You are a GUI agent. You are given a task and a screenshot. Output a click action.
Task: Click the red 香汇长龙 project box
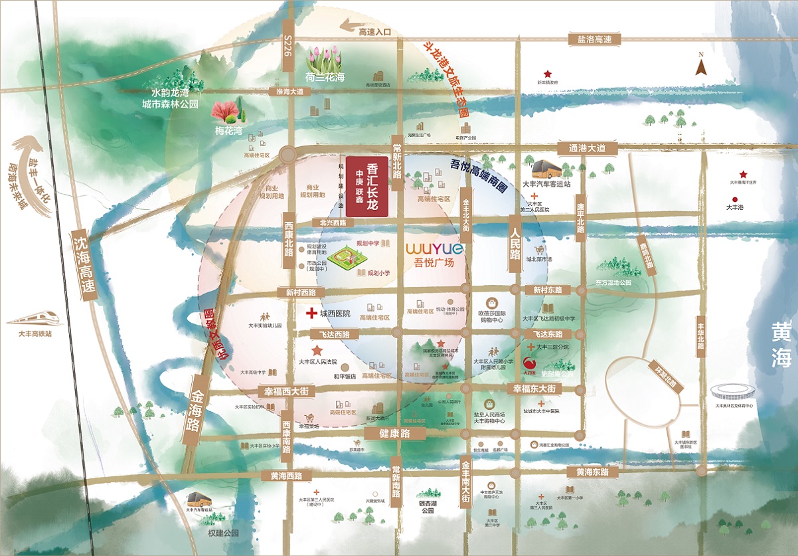(366, 187)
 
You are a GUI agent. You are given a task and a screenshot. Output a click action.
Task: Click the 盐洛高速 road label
(594, 39)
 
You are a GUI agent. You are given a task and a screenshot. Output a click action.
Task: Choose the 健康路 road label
(394, 433)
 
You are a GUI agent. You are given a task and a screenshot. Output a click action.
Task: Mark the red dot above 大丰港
(734, 199)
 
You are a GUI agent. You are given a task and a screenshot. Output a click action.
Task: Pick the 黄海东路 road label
(592, 472)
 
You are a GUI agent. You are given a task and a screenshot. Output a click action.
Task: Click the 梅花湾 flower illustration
(227, 109)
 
